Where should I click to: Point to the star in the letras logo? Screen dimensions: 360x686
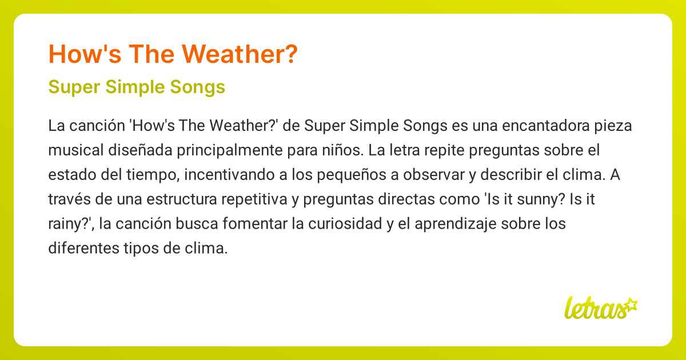click(x=631, y=304)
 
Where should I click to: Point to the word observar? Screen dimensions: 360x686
click(x=436, y=175)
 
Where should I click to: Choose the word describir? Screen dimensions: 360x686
click(x=508, y=175)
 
